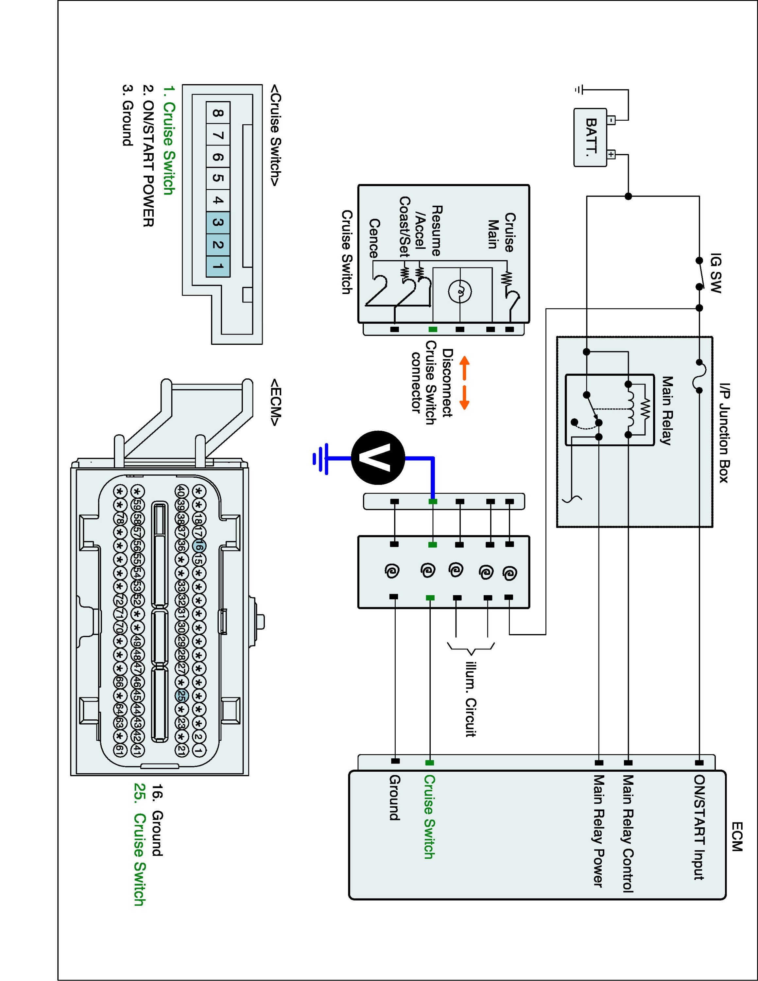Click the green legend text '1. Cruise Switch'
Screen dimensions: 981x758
(x=168, y=140)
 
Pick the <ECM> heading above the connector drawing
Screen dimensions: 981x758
(x=275, y=402)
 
